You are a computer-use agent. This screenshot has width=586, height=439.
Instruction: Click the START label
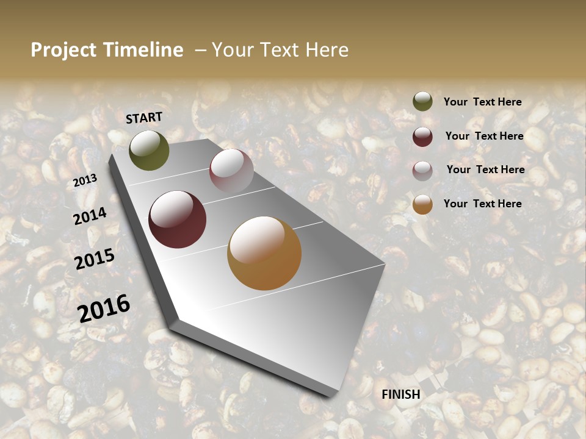(x=144, y=118)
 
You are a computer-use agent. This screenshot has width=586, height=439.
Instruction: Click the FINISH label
(x=401, y=394)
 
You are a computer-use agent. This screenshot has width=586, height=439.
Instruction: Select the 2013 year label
(x=85, y=180)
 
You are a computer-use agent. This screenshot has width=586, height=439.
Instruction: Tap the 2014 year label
(x=90, y=216)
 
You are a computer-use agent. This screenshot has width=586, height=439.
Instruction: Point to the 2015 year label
(x=95, y=260)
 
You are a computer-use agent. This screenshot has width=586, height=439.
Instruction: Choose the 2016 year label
(x=104, y=309)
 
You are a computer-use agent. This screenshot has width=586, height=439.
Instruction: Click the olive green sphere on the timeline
(x=149, y=150)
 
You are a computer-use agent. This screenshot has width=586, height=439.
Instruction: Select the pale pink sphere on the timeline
(x=231, y=171)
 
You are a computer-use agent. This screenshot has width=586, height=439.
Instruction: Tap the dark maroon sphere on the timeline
(x=178, y=220)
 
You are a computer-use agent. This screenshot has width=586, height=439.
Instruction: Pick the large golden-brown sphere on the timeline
(x=264, y=253)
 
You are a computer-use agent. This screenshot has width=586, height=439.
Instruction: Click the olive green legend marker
(x=422, y=102)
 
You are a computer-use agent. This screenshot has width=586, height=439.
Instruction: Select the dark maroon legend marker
(x=422, y=136)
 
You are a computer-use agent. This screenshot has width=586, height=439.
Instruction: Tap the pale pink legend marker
(x=422, y=170)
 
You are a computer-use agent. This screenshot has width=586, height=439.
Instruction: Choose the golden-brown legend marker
(x=422, y=204)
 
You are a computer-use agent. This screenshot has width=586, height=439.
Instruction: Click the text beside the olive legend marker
(x=482, y=102)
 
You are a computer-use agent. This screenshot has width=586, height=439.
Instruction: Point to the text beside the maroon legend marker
(x=484, y=136)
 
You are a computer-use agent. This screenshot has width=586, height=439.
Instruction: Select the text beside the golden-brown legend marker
(x=482, y=204)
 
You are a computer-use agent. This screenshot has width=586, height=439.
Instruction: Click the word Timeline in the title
(x=143, y=50)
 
